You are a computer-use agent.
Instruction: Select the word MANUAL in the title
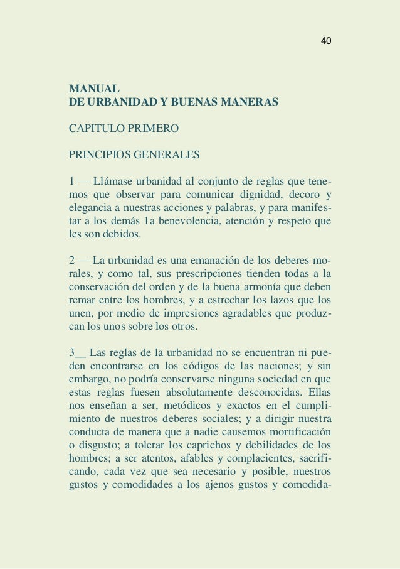[90, 87]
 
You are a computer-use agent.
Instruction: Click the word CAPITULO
[98, 129]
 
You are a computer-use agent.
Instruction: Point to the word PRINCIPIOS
[100, 154]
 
